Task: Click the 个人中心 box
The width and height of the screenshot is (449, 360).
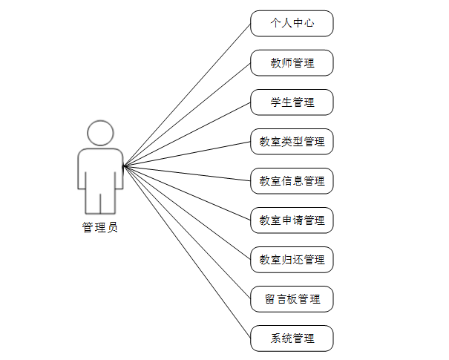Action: [292, 23]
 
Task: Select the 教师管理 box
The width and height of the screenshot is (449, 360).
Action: [292, 63]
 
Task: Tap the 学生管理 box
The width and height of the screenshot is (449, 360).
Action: [292, 102]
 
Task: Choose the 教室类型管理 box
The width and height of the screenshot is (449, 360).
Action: [292, 142]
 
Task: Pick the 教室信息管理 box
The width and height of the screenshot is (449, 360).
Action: [292, 181]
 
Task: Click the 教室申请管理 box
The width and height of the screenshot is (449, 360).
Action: [292, 220]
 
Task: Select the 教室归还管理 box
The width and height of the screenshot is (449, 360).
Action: [292, 260]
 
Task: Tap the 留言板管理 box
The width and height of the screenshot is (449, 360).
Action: [292, 299]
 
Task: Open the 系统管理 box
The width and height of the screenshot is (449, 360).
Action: [292, 338]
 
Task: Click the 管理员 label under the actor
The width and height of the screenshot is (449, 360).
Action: [99, 228]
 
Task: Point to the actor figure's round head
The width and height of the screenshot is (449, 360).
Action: [100, 133]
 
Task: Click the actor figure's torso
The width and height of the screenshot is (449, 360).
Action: [100, 167]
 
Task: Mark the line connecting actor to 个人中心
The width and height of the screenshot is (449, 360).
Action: [187, 94]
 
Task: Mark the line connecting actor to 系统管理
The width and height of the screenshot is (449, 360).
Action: [187, 252]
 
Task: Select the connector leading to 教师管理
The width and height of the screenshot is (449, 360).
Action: [187, 114]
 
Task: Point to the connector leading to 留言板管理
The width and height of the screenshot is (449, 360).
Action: [187, 232]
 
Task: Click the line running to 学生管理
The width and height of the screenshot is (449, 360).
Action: [187, 134]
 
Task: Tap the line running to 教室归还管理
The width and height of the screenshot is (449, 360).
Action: [187, 212]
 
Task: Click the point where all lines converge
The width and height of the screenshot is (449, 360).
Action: [124, 166]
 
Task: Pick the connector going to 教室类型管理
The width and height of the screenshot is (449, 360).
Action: [187, 154]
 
